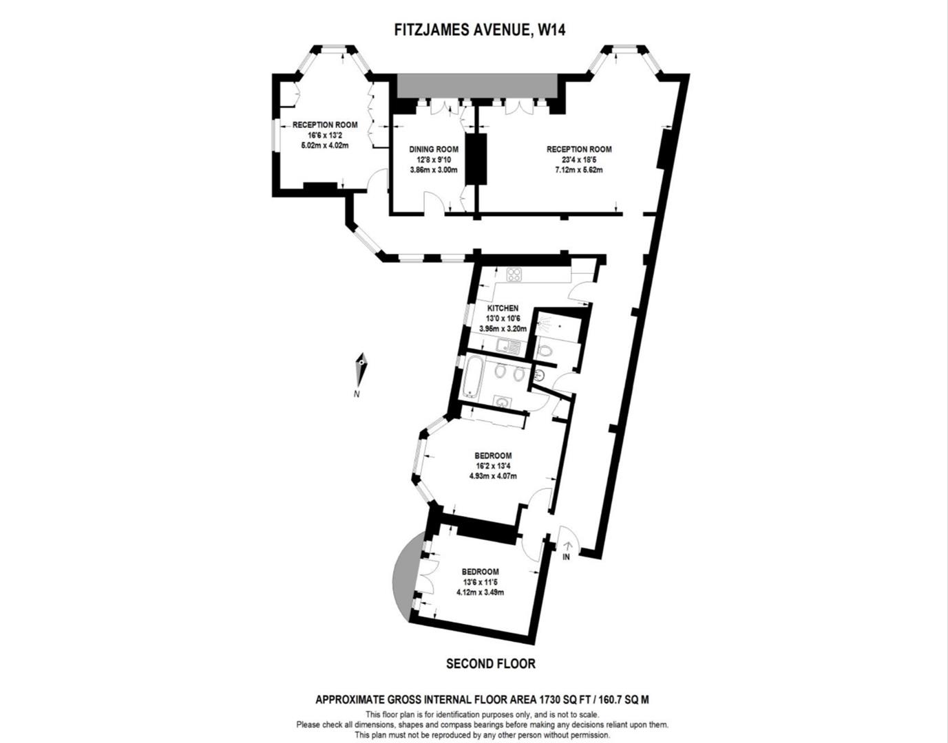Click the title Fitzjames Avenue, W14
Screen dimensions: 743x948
coord(479,30)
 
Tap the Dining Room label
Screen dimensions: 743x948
coord(433,149)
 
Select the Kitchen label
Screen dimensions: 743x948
coord(503,308)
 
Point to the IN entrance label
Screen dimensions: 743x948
coord(566,557)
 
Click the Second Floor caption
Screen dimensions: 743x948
coord(490,663)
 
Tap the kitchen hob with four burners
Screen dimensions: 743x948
coord(514,274)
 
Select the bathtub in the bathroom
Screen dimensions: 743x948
coord(473,377)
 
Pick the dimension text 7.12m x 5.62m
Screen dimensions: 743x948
coord(578,170)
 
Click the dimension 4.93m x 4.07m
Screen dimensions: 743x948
coord(493,476)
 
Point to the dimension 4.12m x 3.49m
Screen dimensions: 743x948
coord(480,592)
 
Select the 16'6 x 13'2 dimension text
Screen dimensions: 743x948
coord(325,136)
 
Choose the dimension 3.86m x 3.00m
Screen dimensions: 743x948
coord(433,170)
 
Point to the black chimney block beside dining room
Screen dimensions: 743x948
coord(475,159)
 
